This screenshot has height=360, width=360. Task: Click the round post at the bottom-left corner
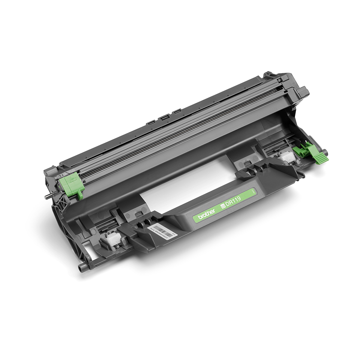pyautogui.click(x=80, y=268)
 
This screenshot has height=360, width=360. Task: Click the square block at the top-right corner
pyautogui.click(x=302, y=91)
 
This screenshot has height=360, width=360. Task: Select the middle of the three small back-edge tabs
pyautogui.click(x=164, y=117)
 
